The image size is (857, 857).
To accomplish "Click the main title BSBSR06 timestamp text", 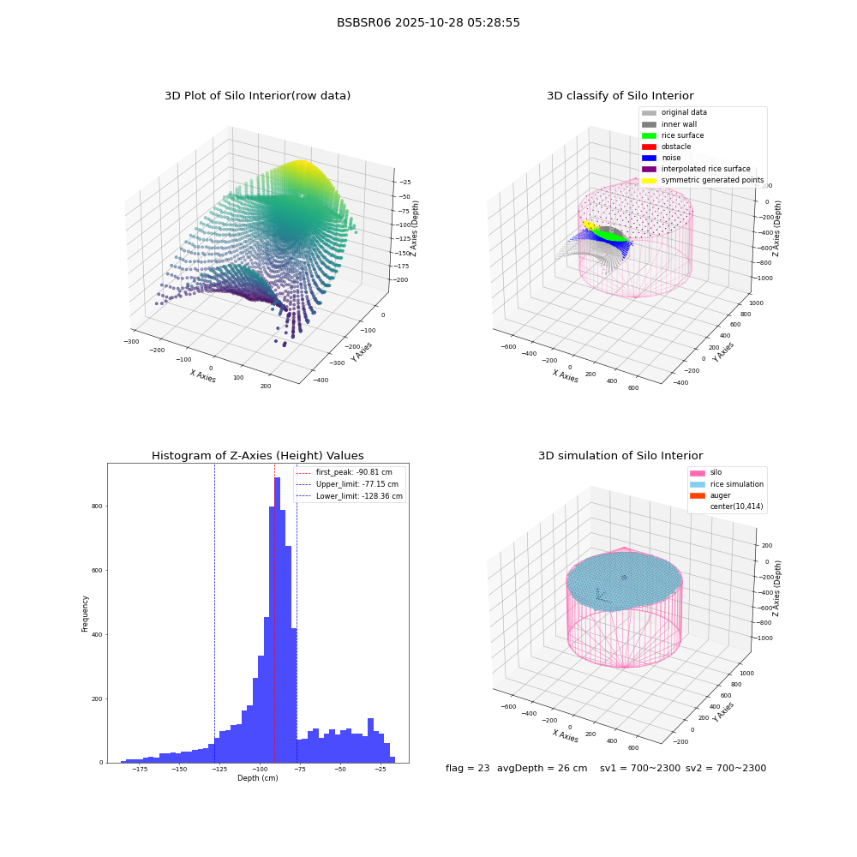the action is coord(428,22).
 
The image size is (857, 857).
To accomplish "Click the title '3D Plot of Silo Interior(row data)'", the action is coord(257,96).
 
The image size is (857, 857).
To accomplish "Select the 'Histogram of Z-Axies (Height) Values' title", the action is coord(257,456).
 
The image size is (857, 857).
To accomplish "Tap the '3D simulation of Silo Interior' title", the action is coord(620,456).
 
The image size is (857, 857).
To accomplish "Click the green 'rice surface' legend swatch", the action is coord(649,135).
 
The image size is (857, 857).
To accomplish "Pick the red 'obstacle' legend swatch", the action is coord(649,147).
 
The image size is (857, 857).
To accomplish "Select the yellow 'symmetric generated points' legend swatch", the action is coord(649,180).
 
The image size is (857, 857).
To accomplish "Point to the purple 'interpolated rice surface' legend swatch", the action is coord(649,169).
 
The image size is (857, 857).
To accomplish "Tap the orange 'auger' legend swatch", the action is coord(698,495).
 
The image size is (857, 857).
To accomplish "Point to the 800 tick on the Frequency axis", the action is coord(98,506).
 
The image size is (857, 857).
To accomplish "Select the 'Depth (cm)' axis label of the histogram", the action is coord(257,778).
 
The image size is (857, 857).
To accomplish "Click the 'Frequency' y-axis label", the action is coord(85,614).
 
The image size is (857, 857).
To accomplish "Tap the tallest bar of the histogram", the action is coord(277,620).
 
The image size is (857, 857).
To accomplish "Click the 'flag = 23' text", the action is coord(467,768).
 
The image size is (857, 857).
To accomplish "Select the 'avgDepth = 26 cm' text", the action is coord(542,768).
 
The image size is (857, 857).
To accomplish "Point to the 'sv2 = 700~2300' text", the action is coord(726,768).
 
